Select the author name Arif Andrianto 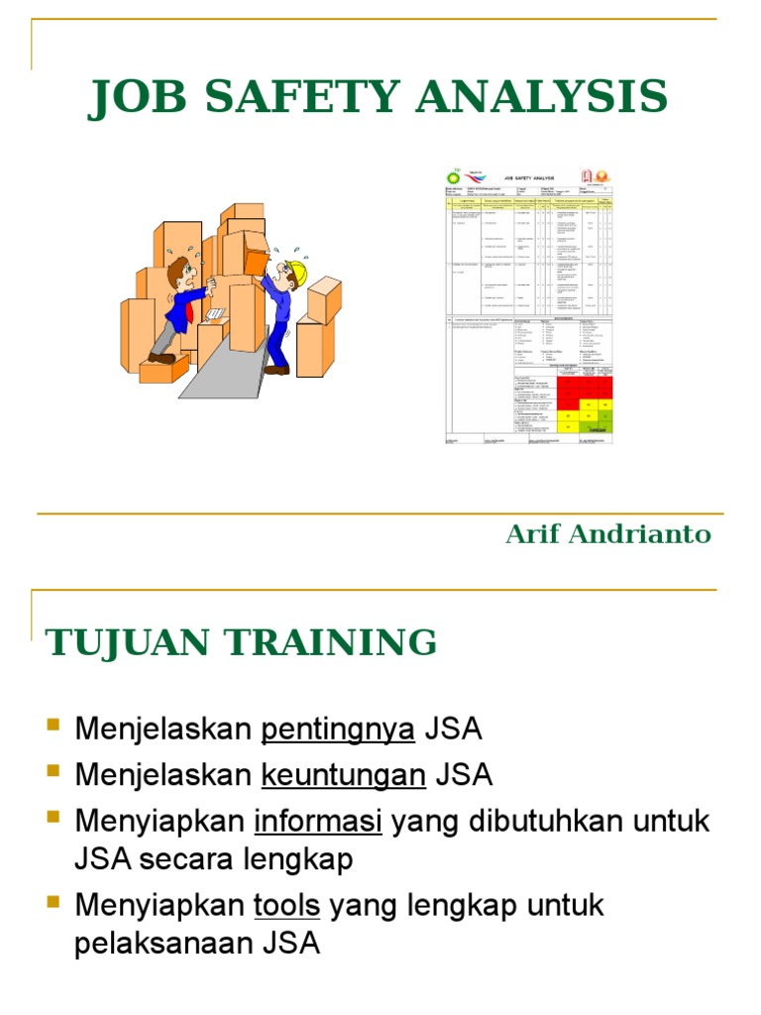[608, 534]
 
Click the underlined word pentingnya [338, 731]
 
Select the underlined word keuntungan [343, 774]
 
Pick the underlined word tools [287, 905]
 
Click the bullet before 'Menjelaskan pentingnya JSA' [54, 730]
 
